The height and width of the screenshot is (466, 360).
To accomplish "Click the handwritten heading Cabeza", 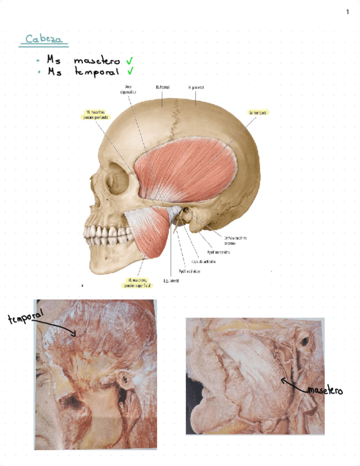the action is click(x=46, y=40).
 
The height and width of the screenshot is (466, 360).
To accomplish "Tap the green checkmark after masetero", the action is click(x=130, y=61).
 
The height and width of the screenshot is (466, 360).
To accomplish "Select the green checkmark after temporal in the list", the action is click(x=130, y=71).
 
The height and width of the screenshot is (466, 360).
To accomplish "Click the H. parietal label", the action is click(x=196, y=87).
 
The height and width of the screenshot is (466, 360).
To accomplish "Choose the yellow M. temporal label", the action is click(x=258, y=112).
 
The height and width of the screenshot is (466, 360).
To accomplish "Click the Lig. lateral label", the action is click(x=171, y=280).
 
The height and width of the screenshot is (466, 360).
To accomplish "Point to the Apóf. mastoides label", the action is click(x=219, y=253).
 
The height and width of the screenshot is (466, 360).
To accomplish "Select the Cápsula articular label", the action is click(x=203, y=262).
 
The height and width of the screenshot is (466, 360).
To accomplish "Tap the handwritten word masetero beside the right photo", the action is click(x=325, y=391).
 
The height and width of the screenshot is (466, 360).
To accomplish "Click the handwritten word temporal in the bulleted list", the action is click(x=97, y=72).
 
